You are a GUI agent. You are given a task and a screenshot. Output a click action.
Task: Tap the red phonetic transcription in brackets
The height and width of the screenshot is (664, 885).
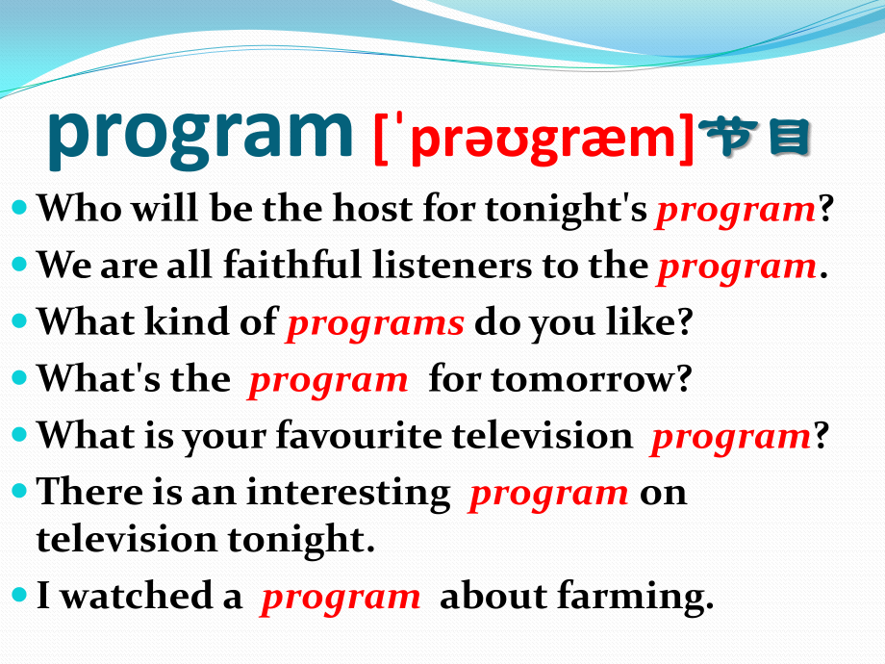click(x=533, y=140)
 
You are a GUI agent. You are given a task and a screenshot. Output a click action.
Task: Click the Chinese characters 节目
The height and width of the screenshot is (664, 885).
click(x=754, y=137)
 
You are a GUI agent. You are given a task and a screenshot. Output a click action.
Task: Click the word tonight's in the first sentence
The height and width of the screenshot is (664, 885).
click(x=566, y=210)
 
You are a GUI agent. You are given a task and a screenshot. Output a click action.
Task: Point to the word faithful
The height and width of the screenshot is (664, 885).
click(x=291, y=265)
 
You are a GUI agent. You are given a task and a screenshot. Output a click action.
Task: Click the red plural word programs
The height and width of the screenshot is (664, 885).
click(x=375, y=324)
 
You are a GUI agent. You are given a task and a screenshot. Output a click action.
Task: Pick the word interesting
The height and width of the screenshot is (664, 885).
click(x=348, y=494)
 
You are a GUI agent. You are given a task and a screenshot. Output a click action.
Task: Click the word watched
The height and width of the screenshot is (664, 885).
click(x=136, y=596)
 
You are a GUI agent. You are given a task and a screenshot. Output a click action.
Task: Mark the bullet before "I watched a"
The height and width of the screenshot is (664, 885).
click(x=19, y=594)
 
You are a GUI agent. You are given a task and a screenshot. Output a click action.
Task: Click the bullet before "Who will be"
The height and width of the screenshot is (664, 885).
click(x=19, y=207)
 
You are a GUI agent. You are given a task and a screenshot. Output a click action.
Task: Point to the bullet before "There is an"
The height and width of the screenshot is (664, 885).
click(x=19, y=490)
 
